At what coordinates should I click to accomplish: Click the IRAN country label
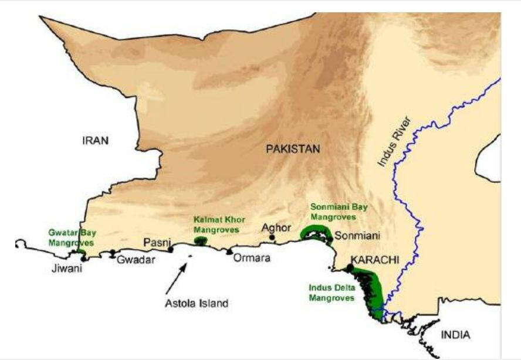point(96,141)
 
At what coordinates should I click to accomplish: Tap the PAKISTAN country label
point(293,150)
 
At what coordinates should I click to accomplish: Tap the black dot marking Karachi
point(350,268)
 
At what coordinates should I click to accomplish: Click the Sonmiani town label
point(357,236)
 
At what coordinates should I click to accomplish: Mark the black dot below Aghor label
point(272,237)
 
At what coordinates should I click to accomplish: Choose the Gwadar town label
point(136,260)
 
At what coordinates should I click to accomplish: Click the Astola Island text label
point(196,303)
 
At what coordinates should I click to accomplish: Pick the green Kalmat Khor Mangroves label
point(215,225)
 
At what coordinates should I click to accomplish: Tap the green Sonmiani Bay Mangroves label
point(333,212)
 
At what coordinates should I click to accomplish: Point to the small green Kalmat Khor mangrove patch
point(201,240)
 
